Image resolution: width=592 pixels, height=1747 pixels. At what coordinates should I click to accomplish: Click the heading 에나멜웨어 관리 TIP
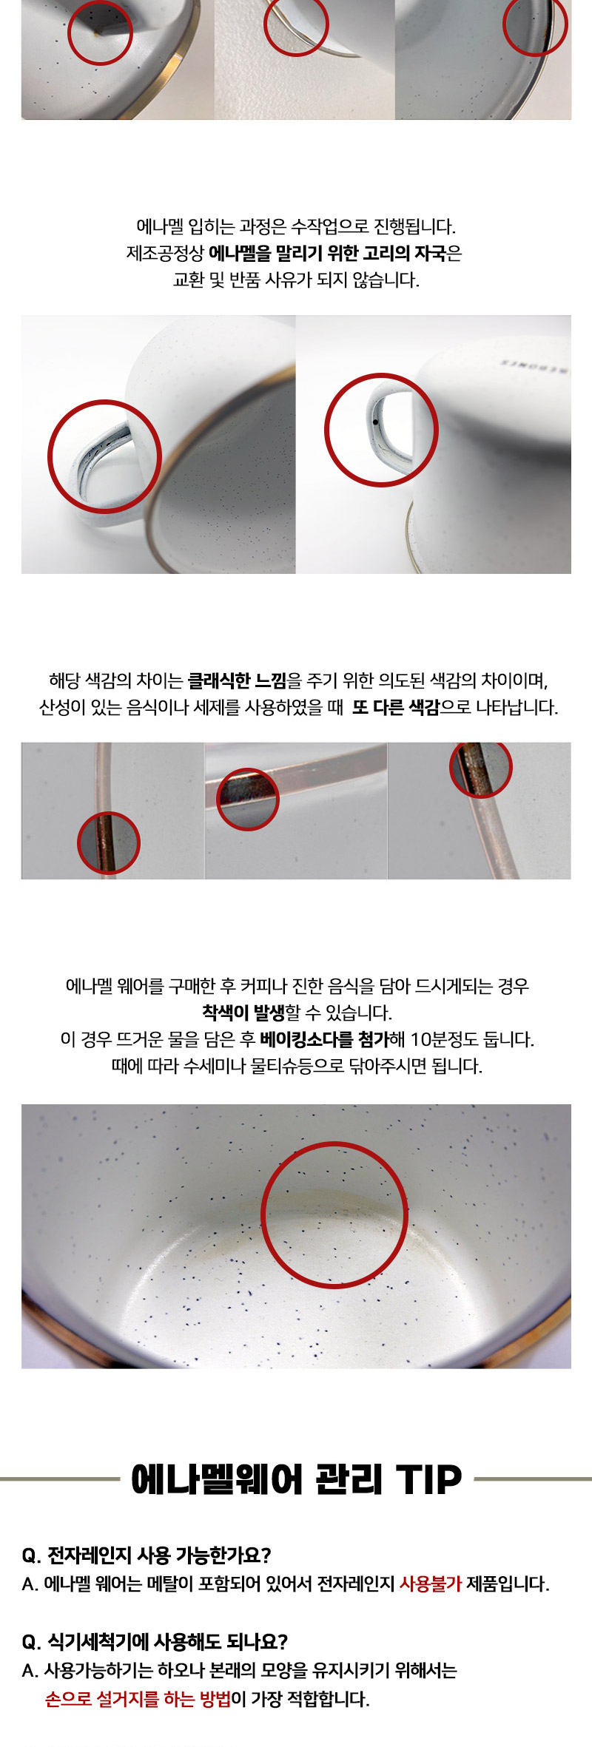click(296, 1479)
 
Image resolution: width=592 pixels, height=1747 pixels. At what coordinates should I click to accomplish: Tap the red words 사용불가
click(431, 1584)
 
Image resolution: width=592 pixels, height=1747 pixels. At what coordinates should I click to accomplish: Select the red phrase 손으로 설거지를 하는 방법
click(138, 1699)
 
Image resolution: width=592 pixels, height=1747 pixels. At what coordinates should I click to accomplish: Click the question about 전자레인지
click(147, 1555)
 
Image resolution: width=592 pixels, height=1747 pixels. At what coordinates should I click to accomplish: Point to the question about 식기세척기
click(155, 1641)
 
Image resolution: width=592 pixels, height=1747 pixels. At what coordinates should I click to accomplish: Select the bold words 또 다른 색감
click(396, 707)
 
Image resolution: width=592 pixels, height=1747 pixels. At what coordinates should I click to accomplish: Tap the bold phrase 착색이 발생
click(243, 1012)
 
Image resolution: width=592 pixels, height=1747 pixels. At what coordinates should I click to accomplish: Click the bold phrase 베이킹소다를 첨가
click(325, 1039)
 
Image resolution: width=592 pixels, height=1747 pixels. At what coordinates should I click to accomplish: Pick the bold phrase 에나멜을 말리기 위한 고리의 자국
click(328, 253)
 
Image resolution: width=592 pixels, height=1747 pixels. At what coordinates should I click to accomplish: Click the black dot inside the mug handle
click(376, 422)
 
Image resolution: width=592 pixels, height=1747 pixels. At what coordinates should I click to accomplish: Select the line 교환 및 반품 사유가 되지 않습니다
click(296, 280)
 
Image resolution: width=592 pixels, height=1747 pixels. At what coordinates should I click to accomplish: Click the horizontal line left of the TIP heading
click(60, 1479)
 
